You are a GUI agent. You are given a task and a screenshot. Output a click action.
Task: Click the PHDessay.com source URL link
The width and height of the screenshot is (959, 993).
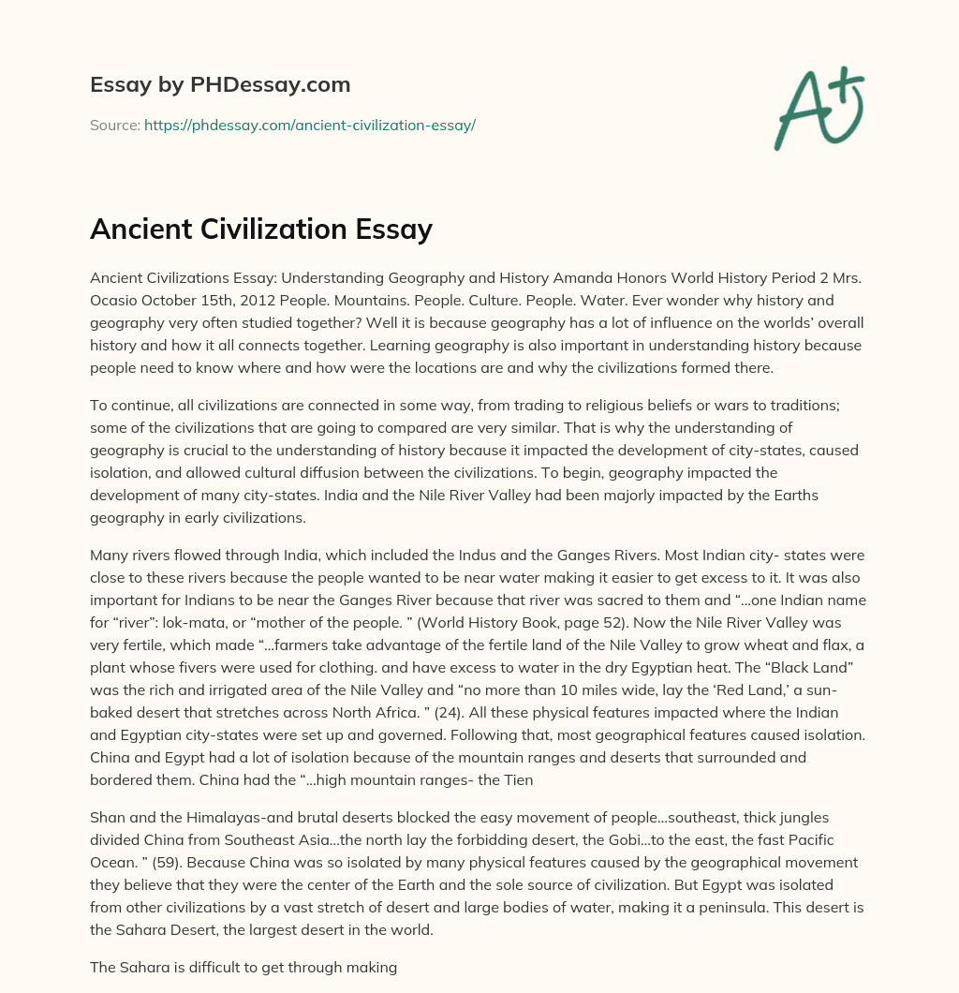pos(310,125)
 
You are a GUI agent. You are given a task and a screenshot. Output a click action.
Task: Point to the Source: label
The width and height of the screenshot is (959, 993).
pos(114,125)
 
